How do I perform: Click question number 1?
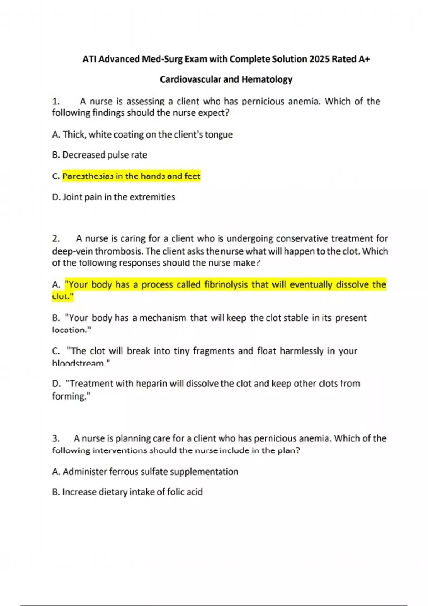tap(56, 102)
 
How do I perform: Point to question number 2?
tap(56, 238)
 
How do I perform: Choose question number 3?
tap(56, 438)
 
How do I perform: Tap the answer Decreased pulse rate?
tap(105, 155)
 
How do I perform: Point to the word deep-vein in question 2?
tap(72, 251)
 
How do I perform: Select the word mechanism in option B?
tap(163, 318)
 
